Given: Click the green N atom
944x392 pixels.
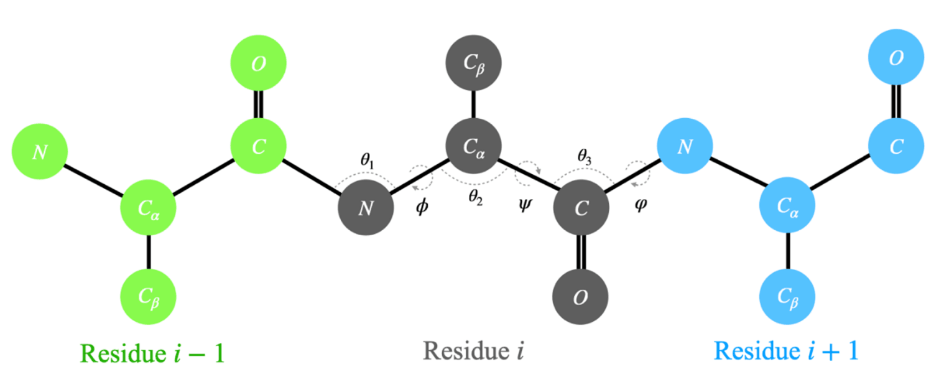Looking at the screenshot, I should (39, 151).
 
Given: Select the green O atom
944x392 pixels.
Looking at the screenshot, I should (258, 64).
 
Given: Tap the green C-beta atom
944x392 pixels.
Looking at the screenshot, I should (148, 294).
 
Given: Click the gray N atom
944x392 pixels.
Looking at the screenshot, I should (366, 207).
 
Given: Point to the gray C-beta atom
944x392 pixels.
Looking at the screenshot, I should (474, 64).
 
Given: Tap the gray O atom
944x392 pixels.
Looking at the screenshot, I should (580, 297).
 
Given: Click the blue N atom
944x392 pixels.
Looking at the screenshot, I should (685, 147).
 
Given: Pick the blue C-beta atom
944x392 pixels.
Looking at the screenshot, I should (788, 296).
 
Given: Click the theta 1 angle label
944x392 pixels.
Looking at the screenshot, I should (368, 160).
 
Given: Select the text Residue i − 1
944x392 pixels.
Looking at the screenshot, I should (153, 353).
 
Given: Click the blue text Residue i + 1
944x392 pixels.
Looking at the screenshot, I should (787, 351).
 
